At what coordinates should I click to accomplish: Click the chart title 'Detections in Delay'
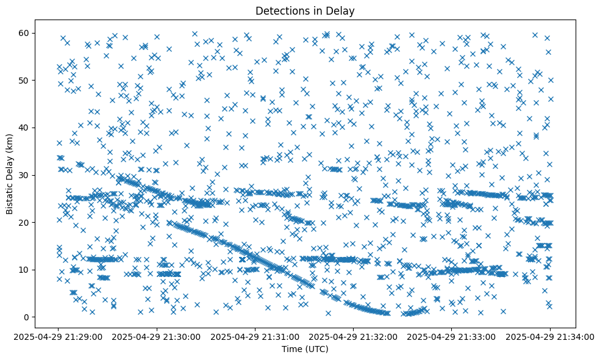[305, 10]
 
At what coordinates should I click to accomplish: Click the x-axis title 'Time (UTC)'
[305, 350]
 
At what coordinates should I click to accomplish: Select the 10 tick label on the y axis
[41, 270]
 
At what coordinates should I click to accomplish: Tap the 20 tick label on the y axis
[41, 222]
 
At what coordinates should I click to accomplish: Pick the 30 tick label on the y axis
[41, 175]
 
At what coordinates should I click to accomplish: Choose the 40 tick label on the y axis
[41, 128]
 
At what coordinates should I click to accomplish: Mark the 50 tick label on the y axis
[41, 80]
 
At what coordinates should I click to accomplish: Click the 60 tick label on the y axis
[41, 33]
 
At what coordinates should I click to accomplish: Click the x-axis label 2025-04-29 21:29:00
[59, 336]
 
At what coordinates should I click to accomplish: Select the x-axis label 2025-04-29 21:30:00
[157, 336]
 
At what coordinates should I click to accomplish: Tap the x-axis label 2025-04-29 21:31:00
[255, 336]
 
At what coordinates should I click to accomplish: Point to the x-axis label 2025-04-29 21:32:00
[354, 336]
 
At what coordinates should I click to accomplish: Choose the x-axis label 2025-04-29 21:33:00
[452, 336]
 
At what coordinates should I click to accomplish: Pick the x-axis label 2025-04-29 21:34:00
[550, 336]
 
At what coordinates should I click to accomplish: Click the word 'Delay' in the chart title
[342, 10]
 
